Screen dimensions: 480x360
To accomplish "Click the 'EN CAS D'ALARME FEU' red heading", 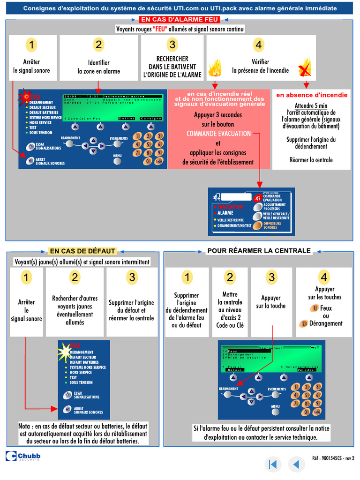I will (180, 19).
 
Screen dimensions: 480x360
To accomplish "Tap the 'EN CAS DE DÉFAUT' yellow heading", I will (82, 251).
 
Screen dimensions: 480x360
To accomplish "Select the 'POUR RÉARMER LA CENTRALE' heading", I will (259, 251).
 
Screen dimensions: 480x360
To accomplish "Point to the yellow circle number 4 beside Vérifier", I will (259, 45).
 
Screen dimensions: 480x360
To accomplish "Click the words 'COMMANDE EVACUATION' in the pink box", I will (219, 134).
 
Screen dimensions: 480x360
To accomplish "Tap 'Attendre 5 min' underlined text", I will (311, 105).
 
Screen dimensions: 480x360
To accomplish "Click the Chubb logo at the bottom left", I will (23, 456).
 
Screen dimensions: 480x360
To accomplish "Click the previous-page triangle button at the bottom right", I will (296, 464).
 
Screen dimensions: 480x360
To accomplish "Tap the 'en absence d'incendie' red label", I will (312, 95).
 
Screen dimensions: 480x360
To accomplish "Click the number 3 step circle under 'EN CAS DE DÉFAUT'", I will (132, 277).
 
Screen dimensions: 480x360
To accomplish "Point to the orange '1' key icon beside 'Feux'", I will (315, 308).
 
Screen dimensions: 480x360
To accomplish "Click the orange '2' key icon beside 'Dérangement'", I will (304, 323).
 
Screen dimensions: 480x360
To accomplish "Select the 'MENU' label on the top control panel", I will (117, 156).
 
